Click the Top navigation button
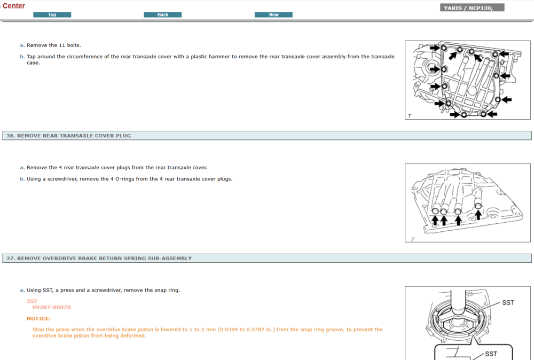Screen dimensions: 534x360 [x=52, y=14]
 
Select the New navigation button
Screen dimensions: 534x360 [x=273, y=14]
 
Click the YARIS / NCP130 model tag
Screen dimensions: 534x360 [x=472, y=8]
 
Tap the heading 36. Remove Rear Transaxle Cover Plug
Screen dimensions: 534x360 [x=68, y=136]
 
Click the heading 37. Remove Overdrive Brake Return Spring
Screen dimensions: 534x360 [x=99, y=258]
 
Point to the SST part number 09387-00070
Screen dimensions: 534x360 [x=52, y=307]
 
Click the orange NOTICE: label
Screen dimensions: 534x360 [x=39, y=318]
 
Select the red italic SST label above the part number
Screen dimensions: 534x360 [x=32, y=301]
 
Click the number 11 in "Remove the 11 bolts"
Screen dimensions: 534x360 [x=62, y=45]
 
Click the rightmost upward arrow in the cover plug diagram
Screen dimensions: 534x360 [x=478, y=215]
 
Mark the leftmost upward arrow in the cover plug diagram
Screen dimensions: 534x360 [x=435, y=220]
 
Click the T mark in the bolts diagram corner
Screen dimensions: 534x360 [x=410, y=116]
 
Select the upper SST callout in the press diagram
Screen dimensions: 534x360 [x=508, y=302]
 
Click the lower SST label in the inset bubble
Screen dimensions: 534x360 [x=491, y=354]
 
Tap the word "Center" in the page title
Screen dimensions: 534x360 [x=14, y=6]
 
